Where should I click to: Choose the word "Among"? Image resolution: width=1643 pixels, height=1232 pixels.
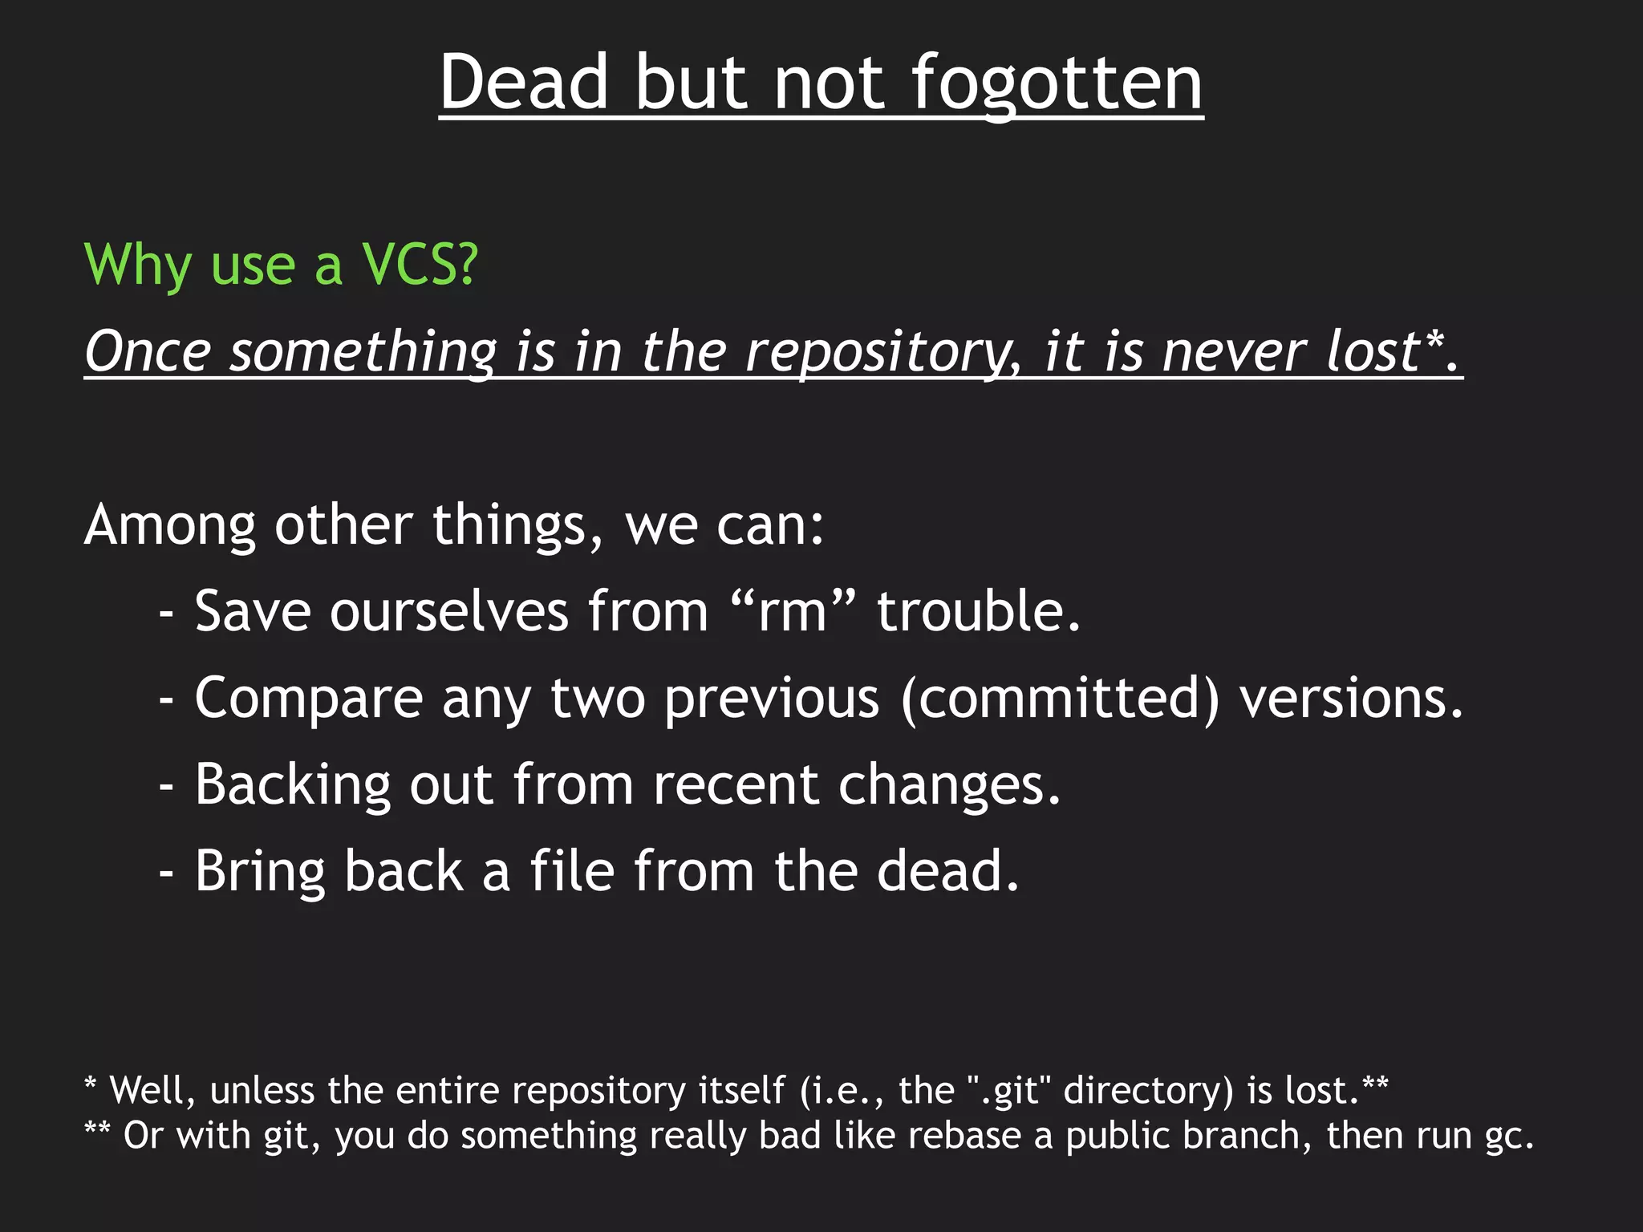tap(170, 525)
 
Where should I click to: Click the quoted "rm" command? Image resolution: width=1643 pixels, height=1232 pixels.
tap(793, 611)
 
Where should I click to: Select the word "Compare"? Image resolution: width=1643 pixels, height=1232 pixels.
tap(309, 698)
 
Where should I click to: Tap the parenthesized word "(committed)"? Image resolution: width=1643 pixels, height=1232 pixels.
tap(1060, 698)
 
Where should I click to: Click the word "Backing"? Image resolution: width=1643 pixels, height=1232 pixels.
tap(293, 784)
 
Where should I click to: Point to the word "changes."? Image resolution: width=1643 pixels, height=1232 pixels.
tap(950, 784)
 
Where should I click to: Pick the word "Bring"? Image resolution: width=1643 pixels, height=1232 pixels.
tap(260, 871)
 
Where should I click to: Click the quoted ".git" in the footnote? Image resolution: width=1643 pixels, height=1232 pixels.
tap(1009, 1090)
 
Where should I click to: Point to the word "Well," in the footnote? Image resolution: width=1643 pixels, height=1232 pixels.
tap(152, 1090)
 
